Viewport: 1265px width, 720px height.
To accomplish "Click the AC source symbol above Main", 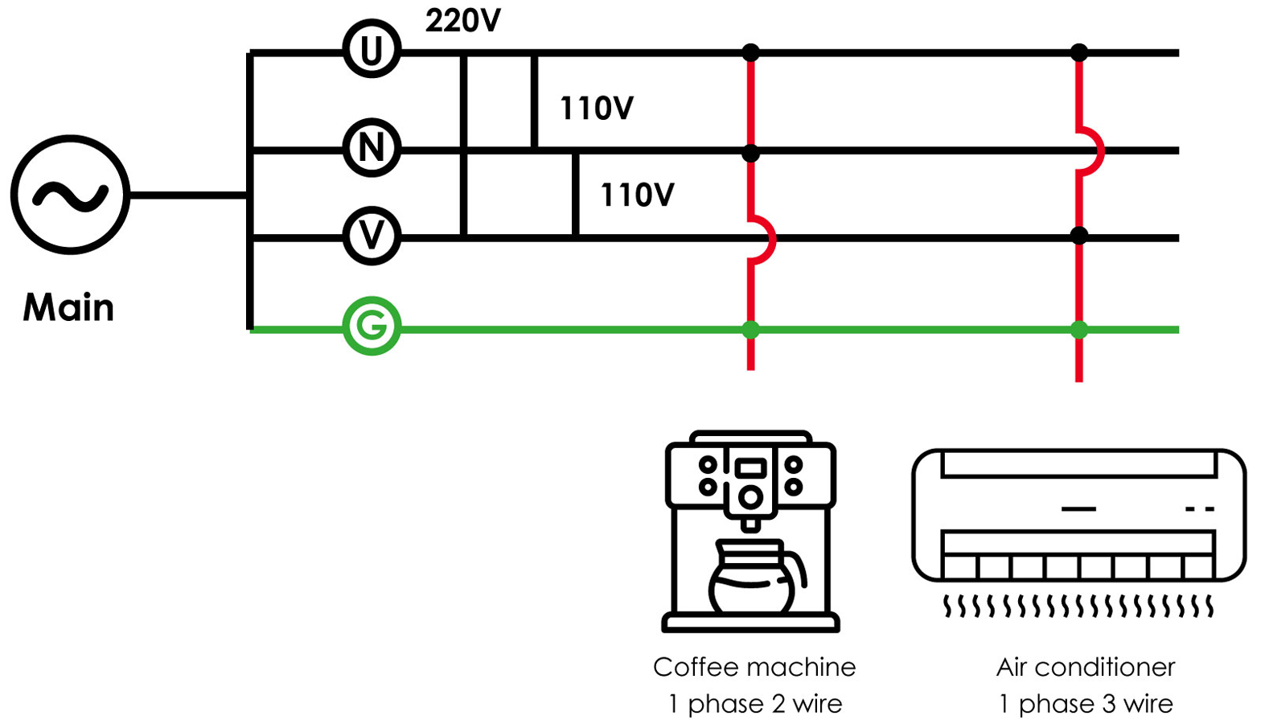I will click(x=70, y=195).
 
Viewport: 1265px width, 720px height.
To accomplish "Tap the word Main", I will click(x=68, y=307).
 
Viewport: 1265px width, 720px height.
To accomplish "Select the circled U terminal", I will click(x=372, y=50).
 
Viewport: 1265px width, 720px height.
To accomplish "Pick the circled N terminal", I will click(x=372, y=148).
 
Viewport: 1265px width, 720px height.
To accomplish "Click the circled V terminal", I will click(x=372, y=236).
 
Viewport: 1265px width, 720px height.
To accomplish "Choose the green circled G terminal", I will click(x=372, y=326).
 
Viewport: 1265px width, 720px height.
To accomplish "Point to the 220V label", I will click(x=462, y=21).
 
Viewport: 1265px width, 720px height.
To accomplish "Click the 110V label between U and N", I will click(x=596, y=108).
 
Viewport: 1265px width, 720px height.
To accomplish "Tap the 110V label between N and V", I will click(x=637, y=195).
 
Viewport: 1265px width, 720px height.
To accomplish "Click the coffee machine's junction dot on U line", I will click(x=750, y=53).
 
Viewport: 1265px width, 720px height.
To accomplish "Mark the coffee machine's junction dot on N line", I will click(x=750, y=152).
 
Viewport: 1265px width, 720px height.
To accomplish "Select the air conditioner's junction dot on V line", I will click(x=1079, y=236).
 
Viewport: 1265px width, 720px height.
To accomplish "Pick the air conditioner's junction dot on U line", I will click(x=1079, y=53).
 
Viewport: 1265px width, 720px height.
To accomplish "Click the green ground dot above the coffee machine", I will click(x=750, y=329).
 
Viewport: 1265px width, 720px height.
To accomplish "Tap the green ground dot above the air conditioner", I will click(x=1079, y=329).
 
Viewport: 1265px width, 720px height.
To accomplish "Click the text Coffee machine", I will click(x=754, y=667).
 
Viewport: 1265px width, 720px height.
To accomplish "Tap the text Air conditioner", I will click(x=1086, y=667).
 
